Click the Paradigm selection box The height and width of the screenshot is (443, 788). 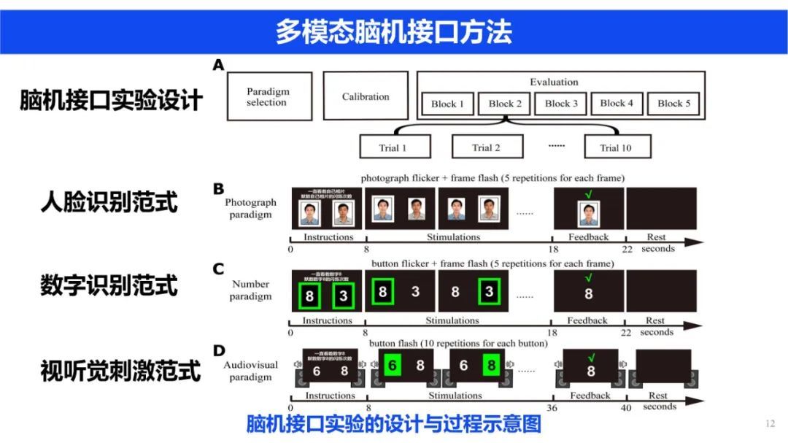tap(269, 96)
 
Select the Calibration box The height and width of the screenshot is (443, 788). tap(366, 96)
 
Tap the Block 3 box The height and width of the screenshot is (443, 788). tap(561, 104)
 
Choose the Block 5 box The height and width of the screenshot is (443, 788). tap(673, 104)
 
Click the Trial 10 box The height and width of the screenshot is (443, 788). tap(617, 147)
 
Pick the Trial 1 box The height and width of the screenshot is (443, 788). tap(393, 147)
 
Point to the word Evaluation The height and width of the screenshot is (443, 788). tap(554, 82)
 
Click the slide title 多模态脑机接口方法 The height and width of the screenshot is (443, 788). tap(393, 31)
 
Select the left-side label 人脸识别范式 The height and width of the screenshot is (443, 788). tap(109, 201)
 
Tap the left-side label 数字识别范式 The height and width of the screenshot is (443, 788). tap(109, 285)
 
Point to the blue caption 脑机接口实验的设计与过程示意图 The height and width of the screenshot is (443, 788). tap(393, 424)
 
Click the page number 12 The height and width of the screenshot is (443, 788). tap(770, 424)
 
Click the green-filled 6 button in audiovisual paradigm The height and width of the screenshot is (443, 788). tap(392, 365)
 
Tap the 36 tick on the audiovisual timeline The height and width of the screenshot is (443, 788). tap(553, 408)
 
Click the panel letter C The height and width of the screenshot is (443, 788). tap(218, 269)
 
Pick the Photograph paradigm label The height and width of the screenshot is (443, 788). tap(250, 209)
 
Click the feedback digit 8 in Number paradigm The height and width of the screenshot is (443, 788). tap(588, 294)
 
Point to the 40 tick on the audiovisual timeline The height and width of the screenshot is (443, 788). tap(625, 408)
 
